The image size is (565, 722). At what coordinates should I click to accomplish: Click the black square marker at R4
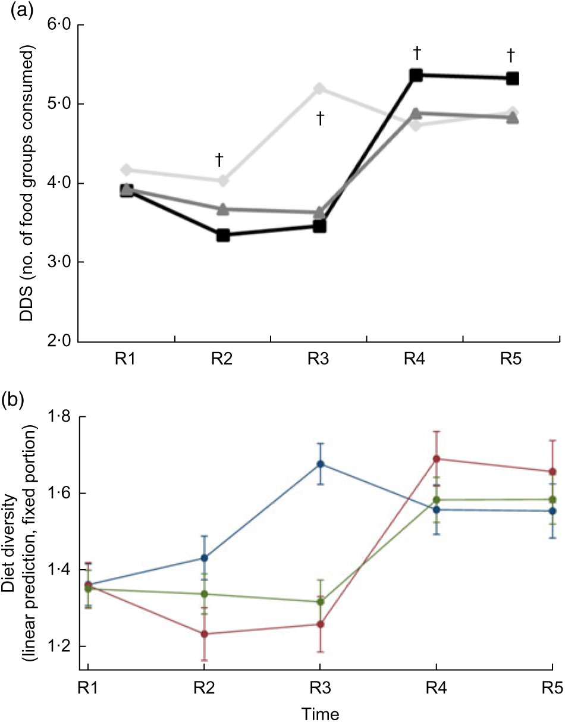pyautogui.click(x=415, y=76)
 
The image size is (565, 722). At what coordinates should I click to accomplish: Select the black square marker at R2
pyautogui.click(x=223, y=235)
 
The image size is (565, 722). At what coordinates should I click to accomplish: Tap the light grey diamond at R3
pyautogui.click(x=319, y=89)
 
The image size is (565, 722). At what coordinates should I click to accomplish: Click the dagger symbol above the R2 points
pyautogui.click(x=219, y=159)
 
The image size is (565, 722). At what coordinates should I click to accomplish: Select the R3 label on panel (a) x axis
pyautogui.click(x=319, y=360)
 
